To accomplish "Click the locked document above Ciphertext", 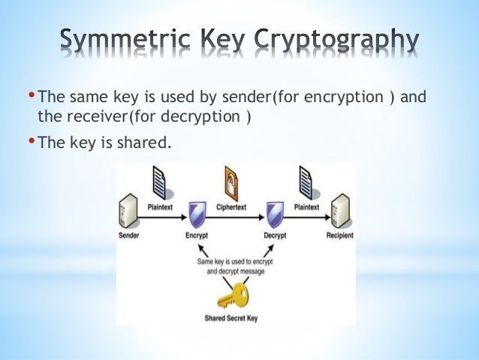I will pos(236,180).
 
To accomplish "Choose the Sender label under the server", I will pos(129,236).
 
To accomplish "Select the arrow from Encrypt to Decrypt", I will pos(236,219).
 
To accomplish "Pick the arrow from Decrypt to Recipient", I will pos(307,219).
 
